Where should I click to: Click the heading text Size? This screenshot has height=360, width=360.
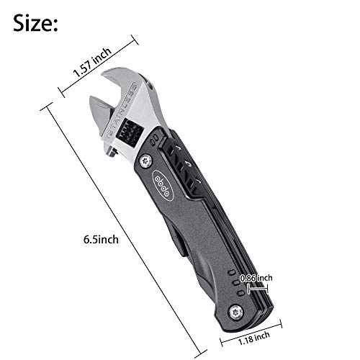point(35,23)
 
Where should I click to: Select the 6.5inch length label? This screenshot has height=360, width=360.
point(101,240)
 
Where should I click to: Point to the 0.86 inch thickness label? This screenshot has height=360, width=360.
point(256,278)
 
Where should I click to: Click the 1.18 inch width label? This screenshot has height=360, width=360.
point(254,338)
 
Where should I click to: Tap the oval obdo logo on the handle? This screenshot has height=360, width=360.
point(163,185)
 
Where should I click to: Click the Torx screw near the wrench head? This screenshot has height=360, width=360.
point(145,161)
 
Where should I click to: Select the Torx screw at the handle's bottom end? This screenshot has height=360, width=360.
point(236,312)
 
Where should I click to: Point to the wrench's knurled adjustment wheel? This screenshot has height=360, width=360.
point(130,132)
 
